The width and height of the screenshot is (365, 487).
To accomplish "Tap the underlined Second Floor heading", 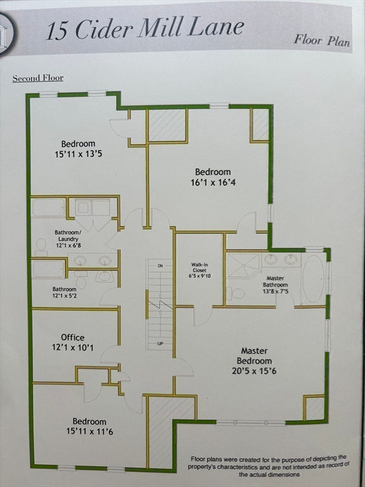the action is click(x=38, y=78).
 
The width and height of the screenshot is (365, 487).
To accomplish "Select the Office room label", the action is click(x=73, y=342).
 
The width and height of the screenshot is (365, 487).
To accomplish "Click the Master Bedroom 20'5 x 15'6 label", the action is click(x=254, y=361).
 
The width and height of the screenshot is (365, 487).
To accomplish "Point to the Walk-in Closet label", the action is click(x=199, y=270).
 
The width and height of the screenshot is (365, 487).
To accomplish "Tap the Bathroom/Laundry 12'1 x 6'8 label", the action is click(x=68, y=239).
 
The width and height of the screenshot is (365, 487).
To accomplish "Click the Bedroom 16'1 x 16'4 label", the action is click(x=213, y=177).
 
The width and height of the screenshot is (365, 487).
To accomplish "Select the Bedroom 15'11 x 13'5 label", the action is click(x=78, y=149).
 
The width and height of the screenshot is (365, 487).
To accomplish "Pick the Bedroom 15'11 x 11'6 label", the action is click(x=89, y=426).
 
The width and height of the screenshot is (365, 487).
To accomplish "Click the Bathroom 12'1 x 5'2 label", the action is click(x=65, y=292).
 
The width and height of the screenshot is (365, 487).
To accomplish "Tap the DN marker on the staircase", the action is click(x=160, y=266).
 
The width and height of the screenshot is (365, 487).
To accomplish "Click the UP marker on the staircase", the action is click(x=160, y=343).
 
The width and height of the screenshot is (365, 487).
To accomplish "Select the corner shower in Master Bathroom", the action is click(x=243, y=265).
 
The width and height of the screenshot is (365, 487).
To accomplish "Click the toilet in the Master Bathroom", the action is click(x=236, y=293).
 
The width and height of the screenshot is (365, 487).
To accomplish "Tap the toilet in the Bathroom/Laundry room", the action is click(x=41, y=245).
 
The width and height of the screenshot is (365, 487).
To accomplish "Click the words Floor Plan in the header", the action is click(x=322, y=40).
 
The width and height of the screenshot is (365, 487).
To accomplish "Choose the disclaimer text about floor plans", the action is click(x=269, y=465).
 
